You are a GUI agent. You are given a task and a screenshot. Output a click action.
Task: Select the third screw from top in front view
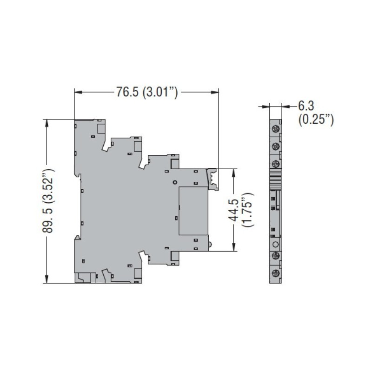(275, 163)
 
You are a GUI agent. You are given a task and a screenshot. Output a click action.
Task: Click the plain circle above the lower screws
(275, 244)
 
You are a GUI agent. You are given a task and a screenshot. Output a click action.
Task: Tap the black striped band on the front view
(275, 179)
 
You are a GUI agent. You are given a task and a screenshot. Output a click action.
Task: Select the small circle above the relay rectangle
(174, 182)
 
